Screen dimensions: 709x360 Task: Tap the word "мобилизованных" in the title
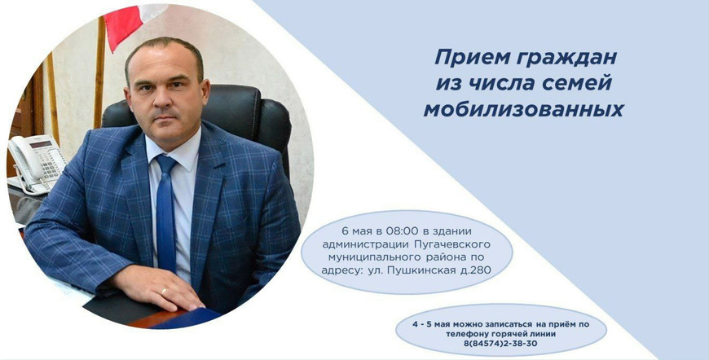point(524,110)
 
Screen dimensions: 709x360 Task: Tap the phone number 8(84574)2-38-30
point(500,343)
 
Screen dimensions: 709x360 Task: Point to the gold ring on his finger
point(164,292)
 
